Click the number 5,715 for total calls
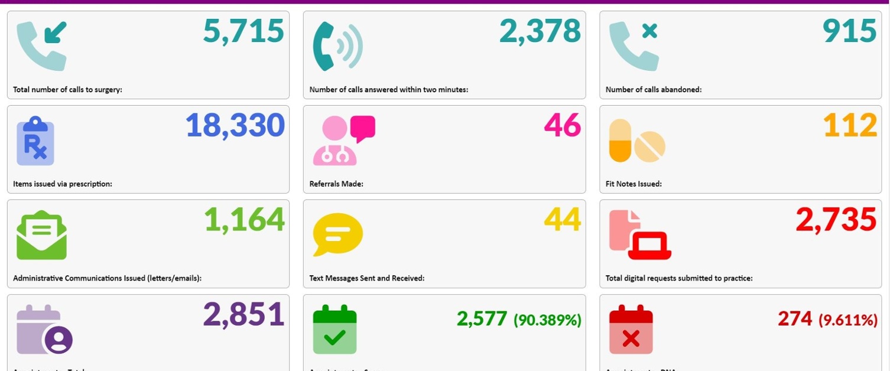pyautogui.click(x=243, y=31)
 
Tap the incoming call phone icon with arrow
pyautogui.click(x=41, y=46)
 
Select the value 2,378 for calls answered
pyautogui.click(x=540, y=31)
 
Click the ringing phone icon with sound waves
pyautogui.click(x=337, y=46)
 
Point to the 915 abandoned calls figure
pyautogui.click(x=849, y=31)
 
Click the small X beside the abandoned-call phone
pyautogui.click(x=649, y=31)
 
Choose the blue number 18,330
pyautogui.click(x=235, y=126)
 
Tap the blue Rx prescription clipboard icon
pyautogui.click(x=35, y=141)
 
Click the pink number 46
pyautogui.click(x=562, y=126)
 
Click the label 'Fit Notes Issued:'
pyautogui.click(x=634, y=184)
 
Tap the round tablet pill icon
pyautogui.click(x=650, y=147)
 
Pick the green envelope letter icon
pyautogui.click(x=41, y=235)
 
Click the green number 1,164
pyautogui.click(x=244, y=220)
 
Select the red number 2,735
pyautogui.click(x=836, y=220)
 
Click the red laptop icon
pyautogui.click(x=649, y=245)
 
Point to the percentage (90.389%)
pyautogui.click(x=547, y=320)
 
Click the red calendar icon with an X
pyautogui.click(x=631, y=330)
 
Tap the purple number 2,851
pyautogui.click(x=243, y=315)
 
